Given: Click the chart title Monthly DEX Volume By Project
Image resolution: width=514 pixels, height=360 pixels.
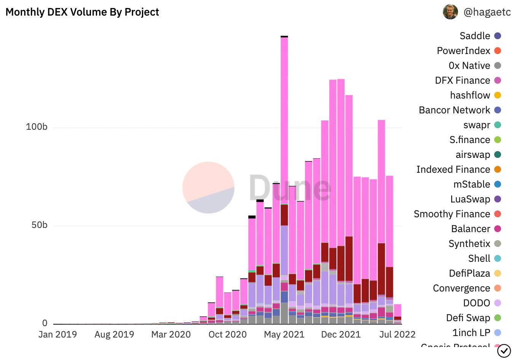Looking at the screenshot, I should click(x=82, y=12).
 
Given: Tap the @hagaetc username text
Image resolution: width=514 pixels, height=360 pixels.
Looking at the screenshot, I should click(x=487, y=12).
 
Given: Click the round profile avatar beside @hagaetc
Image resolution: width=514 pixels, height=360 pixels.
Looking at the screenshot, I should click(x=450, y=12).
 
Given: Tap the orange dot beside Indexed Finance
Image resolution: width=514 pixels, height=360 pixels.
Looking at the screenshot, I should click(x=498, y=169).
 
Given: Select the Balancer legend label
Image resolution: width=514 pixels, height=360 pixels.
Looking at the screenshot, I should click(x=471, y=229).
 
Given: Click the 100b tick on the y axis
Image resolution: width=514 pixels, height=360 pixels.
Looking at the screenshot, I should click(x=37, y=127).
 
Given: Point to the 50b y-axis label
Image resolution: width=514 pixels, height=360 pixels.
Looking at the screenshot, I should click(x=39, y=225).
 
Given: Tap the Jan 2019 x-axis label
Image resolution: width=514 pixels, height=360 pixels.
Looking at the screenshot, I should click(x=57, y=335).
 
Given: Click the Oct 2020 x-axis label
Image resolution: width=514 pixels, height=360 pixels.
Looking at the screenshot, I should click(x=228, y=335).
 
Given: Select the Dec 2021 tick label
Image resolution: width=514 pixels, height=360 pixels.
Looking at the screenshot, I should click(x=341, y=335).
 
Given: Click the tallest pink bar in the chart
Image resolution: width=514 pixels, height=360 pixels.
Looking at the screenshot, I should click(x=284, y=114).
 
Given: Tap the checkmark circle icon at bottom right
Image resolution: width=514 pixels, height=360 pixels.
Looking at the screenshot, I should click(x=504, y=350).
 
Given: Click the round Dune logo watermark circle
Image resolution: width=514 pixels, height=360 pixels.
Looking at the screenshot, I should click(x=208, y=187).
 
